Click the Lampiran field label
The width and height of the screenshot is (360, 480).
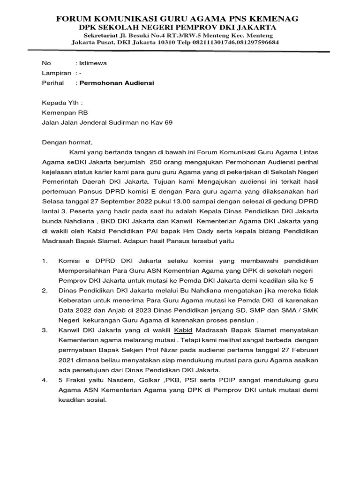click(x=56, y=73)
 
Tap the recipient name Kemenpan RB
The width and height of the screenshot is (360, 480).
click(x=65, y=112)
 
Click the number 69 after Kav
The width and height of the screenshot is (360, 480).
click(x=168, y=123)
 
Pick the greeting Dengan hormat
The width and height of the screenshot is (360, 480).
click(x=67, y=142)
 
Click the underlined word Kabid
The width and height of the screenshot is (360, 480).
click(x=183, y=330)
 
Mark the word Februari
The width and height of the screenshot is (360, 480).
click(x=303, y=350)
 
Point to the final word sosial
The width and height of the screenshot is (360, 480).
click(x=97, y=400)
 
